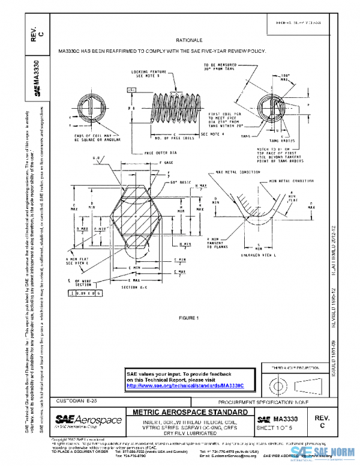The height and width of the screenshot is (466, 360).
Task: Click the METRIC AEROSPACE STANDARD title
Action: pos(189,413)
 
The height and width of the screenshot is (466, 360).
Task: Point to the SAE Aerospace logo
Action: pos(88,421)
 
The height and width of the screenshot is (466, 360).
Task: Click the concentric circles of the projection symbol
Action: pos(278,383)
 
